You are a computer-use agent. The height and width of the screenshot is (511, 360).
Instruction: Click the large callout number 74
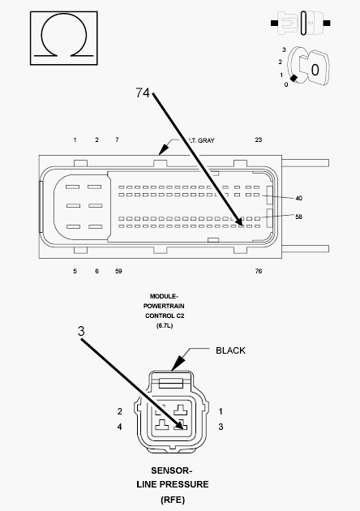143,93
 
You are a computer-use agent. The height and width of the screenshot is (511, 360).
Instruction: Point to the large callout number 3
81,331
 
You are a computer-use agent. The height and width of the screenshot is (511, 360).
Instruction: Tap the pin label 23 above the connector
259,140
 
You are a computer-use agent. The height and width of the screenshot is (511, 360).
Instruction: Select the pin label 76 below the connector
259,271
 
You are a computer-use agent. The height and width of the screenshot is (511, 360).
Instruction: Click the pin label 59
118,271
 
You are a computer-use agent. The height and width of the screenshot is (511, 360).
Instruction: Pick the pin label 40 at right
298,198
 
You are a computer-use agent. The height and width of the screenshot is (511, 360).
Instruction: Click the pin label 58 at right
298,217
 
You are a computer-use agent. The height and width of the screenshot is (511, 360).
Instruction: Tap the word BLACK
230,350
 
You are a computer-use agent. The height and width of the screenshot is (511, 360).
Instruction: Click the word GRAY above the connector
206,140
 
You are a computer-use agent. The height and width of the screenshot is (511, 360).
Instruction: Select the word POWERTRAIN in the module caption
164,306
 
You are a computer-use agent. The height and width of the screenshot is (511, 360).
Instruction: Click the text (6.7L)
165,325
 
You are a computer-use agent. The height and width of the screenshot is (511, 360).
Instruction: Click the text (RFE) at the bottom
173,500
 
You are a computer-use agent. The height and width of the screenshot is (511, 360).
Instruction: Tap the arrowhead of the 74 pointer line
239,221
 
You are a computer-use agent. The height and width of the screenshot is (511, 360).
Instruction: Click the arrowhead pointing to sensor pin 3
179,424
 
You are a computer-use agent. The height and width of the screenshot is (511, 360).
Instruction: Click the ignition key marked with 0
314,68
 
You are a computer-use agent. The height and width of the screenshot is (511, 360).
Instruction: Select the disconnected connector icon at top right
300,23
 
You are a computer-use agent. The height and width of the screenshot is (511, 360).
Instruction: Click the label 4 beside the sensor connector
119,427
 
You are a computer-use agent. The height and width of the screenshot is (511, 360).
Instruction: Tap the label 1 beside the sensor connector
221,411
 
